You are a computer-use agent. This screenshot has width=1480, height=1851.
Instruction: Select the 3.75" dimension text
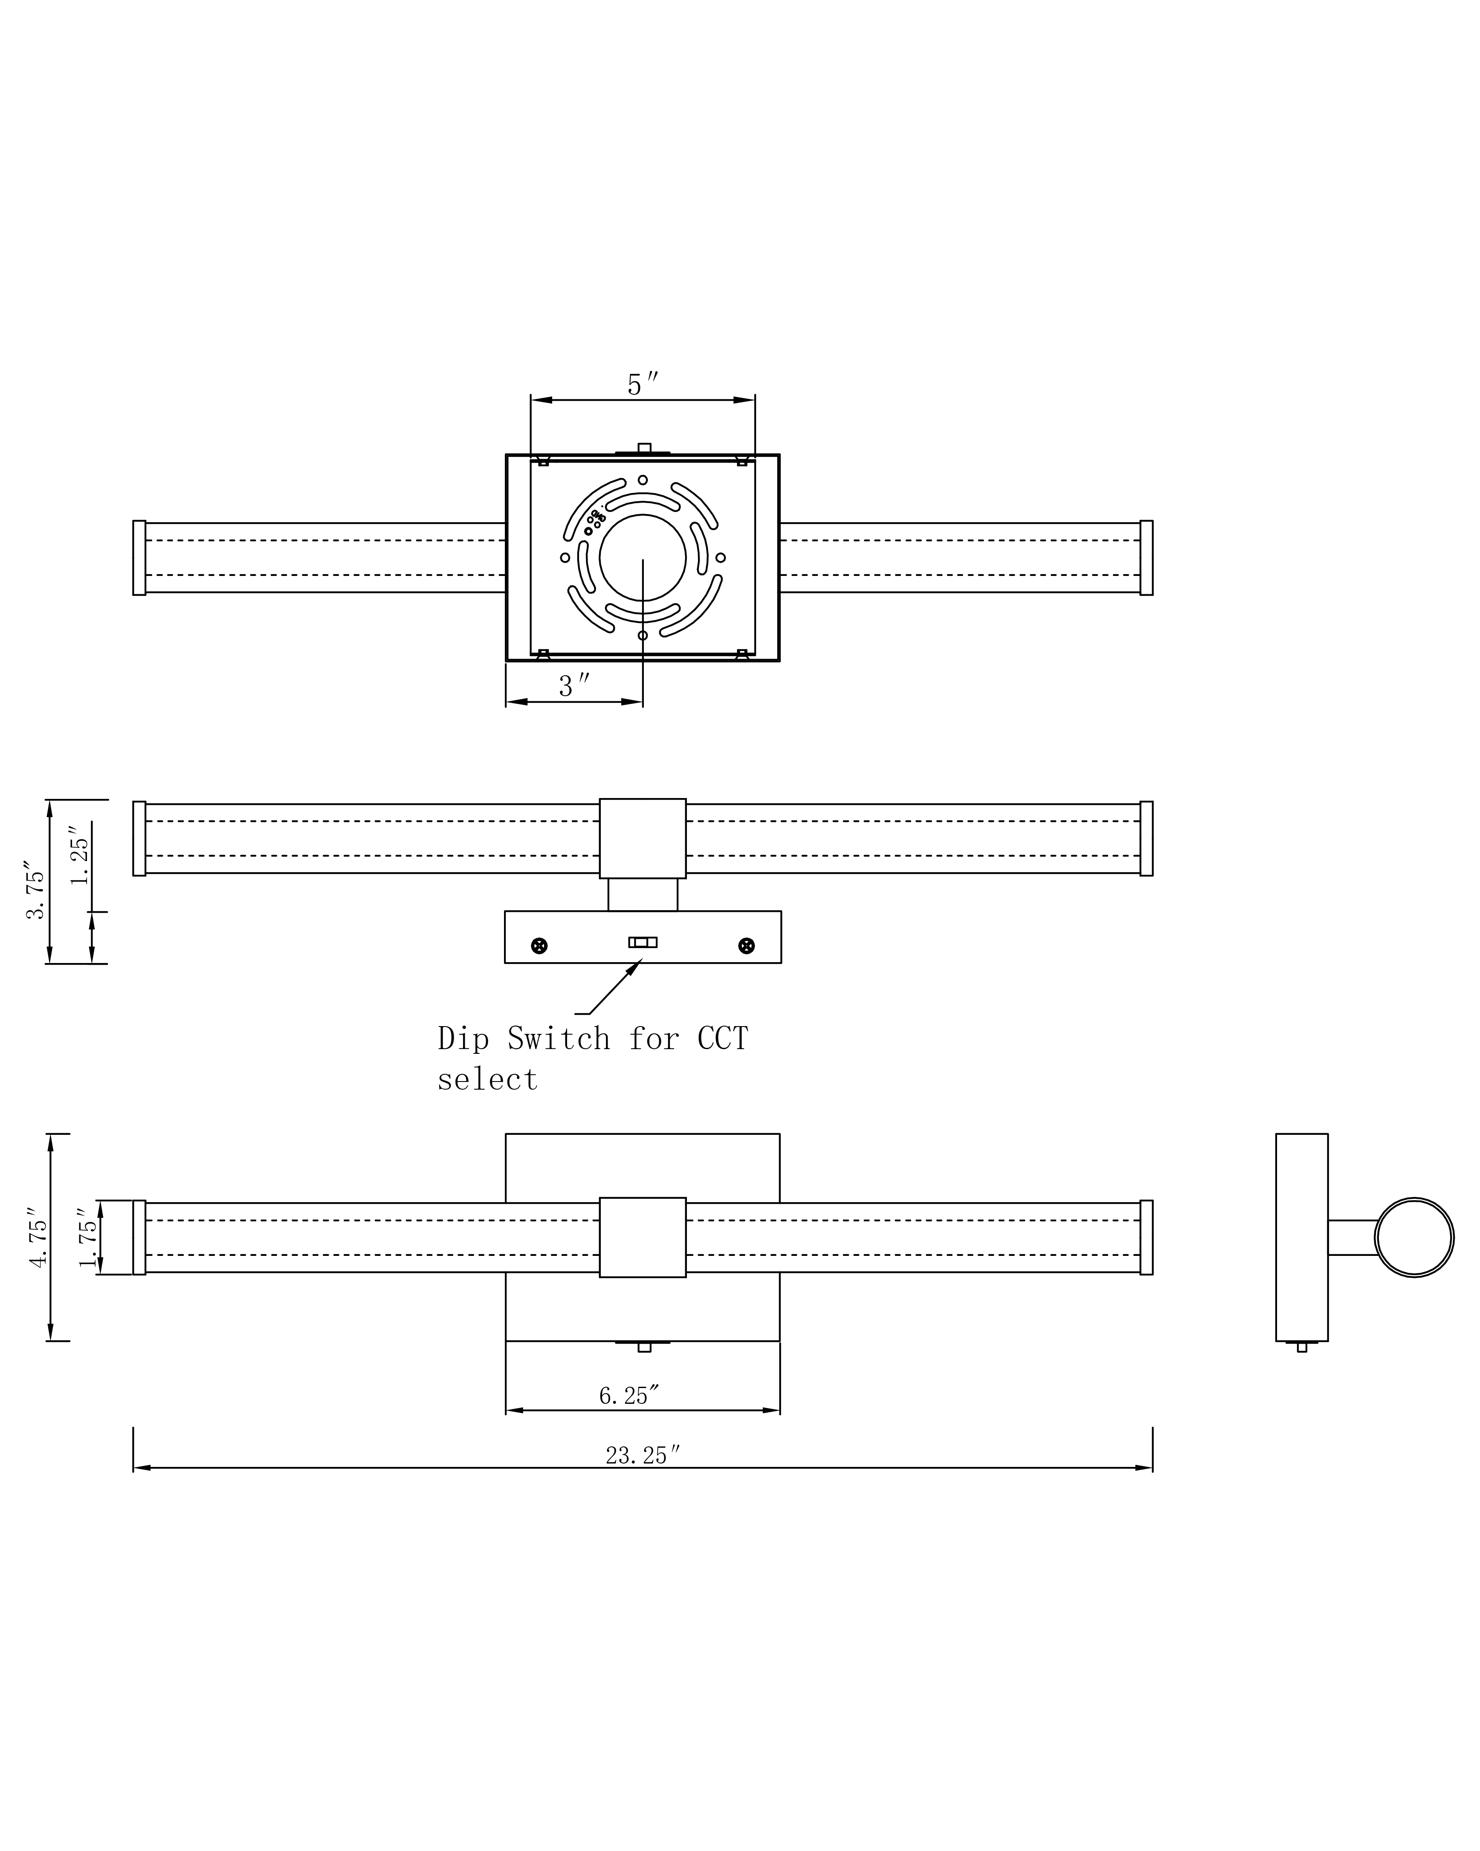35,889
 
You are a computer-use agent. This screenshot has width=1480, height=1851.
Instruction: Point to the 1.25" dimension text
79,855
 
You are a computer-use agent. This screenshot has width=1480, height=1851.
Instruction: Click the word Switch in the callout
558,1039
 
